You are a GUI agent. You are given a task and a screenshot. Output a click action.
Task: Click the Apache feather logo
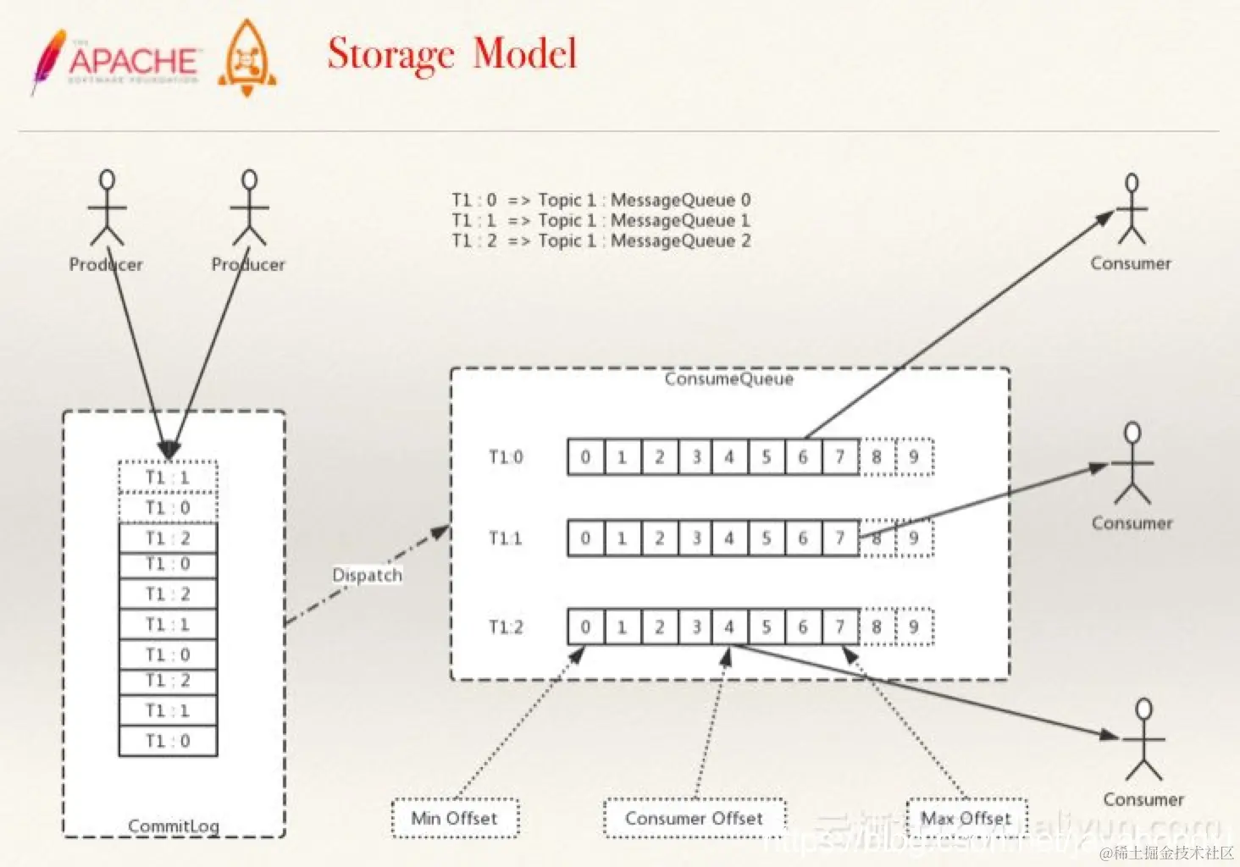[x=48, y=61]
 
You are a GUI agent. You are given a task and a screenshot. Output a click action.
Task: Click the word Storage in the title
[x=390, y=54]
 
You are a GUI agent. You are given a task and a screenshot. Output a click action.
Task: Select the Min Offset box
[x=455, y=818]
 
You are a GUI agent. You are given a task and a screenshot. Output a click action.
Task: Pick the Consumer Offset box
[x=695, y=818]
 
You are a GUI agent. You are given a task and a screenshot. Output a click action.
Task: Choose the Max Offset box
[x=966, y=818]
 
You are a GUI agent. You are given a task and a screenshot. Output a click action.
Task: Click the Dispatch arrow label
[x=367, y=575]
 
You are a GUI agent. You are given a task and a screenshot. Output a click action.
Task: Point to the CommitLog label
[x=174, y=826]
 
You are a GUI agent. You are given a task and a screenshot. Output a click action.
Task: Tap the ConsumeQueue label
[x=729, y=378]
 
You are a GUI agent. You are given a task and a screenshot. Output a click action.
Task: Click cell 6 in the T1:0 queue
[x=803, y=457]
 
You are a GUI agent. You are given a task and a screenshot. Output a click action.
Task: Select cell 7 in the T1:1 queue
[x=840, y=538]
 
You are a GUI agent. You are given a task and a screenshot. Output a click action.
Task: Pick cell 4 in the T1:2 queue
[x=729, y=627]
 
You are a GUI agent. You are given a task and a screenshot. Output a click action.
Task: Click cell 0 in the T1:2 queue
[x=585, y=627]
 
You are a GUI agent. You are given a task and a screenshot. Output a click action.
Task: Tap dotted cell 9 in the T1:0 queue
[x=914, y=457]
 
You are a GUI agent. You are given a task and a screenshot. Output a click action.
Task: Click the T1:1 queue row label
[x=506, y=538]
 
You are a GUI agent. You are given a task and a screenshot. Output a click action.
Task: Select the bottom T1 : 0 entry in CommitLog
[x=168, y=741]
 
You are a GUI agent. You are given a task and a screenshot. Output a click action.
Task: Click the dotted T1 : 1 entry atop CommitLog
[x=168, y=478]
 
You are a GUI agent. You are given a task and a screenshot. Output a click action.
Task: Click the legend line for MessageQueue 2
[x=601, y=240]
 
